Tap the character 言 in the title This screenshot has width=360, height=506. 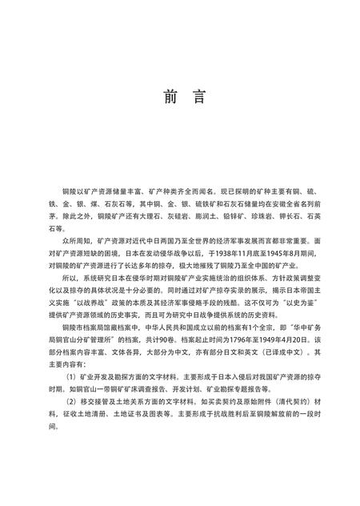pos(198,97)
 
